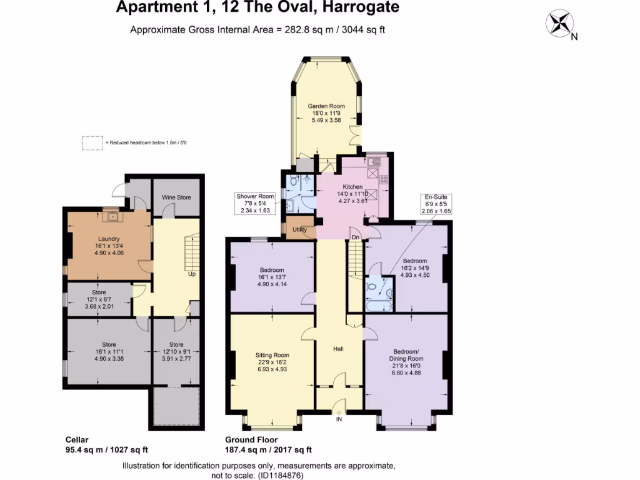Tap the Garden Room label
(326, 106)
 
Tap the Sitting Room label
(272, 354)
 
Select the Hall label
(339, 348)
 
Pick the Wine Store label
(176, 197)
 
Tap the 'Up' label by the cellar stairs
(192, 274)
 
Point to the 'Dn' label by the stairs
(354, 237)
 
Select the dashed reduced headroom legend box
(92, 143)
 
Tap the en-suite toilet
(373, 287)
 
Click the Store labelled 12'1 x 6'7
(99, 292)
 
